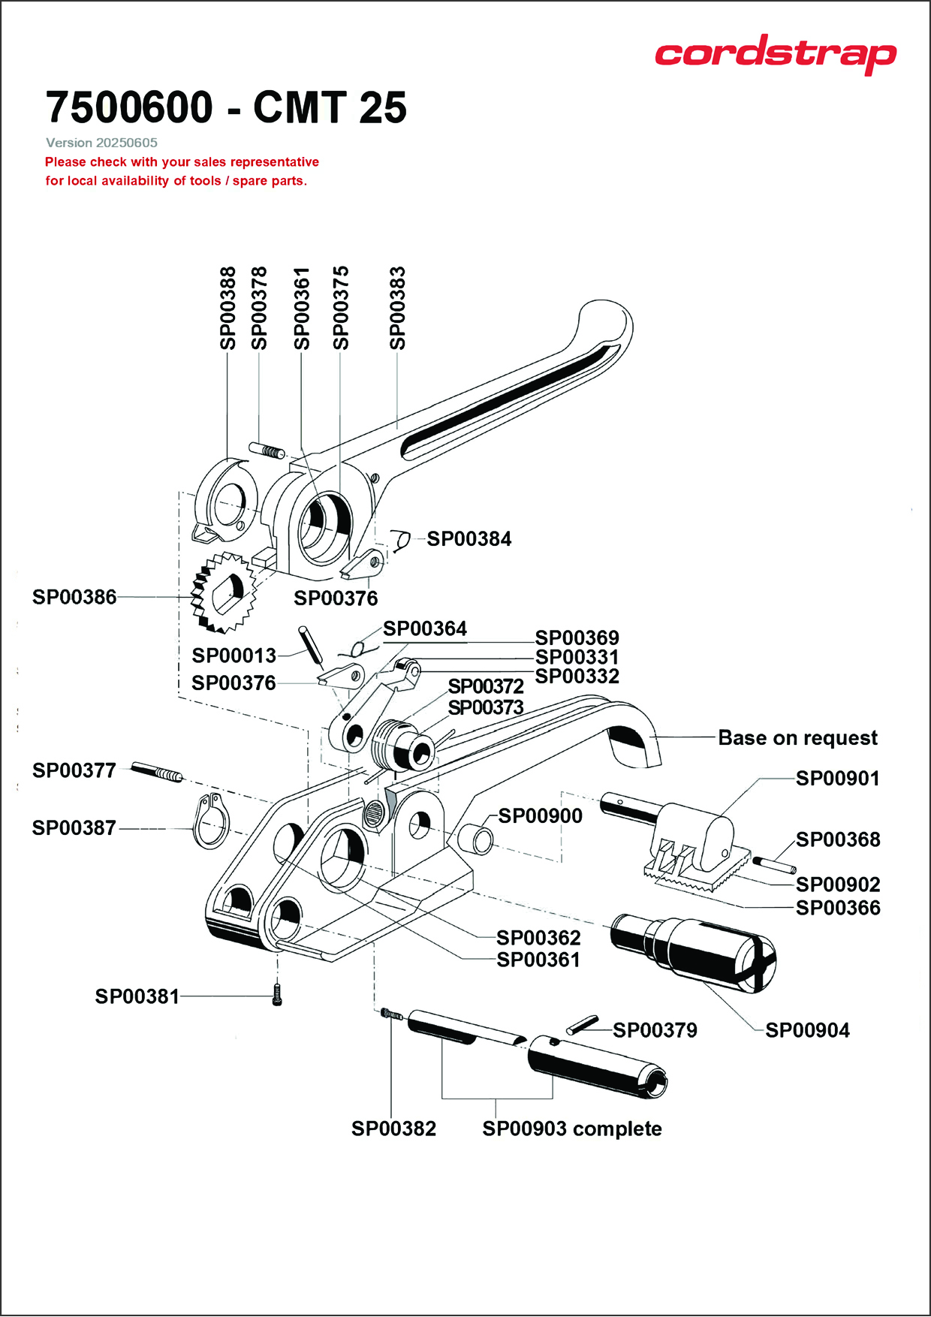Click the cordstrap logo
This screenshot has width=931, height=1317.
point(775,53)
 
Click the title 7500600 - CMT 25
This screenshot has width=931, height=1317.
point(226,107)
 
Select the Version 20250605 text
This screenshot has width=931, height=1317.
point(101,143)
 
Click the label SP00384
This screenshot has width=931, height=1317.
point(469,539)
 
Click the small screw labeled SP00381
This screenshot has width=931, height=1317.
point(277,996)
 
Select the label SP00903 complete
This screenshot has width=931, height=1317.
point(572,1129)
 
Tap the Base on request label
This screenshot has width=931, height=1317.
point(797,738)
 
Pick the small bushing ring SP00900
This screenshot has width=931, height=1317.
point(478,837)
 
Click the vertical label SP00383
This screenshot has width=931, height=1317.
point(398,308)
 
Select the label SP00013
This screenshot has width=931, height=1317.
point(234,655)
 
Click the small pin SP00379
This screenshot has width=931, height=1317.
point(582,1025)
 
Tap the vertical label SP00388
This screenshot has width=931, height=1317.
point(228,308)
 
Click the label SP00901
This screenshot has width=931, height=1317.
point(837,779)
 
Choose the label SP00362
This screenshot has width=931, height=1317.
point(538,938)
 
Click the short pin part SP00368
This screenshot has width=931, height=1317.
point(774,865)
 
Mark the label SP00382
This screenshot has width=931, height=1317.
point(393,1129)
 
